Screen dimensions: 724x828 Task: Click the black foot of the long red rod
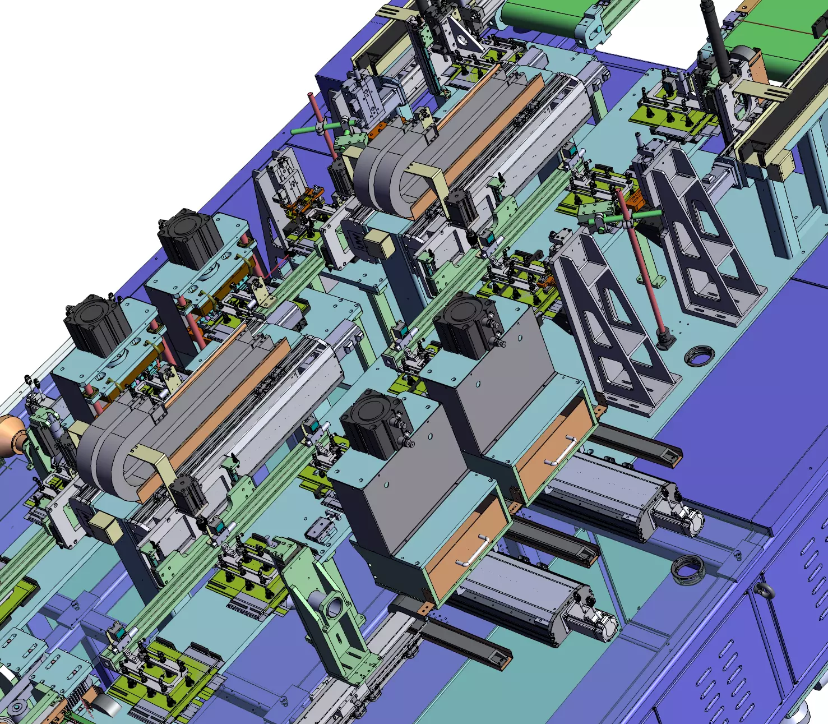click(665, 340)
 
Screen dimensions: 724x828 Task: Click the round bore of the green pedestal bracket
click(334, 607)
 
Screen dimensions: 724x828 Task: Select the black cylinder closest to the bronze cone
click(96, 325)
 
